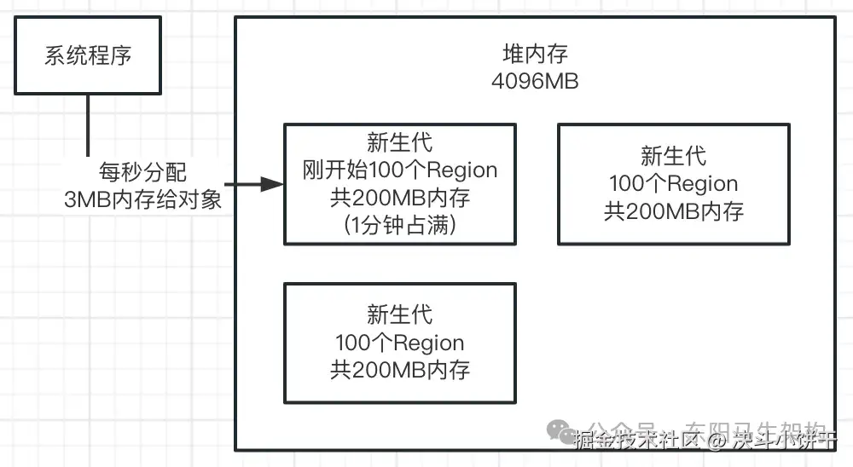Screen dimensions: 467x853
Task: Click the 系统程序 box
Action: pyautogui.click(x=88, y=56)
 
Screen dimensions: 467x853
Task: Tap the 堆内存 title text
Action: pyautogui.click(x=535, y=55)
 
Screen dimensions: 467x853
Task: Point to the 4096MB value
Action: pyautogui.click(x=535, y=82)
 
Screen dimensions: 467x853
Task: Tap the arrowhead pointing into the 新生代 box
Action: pyautogui.click(x=273, y=184)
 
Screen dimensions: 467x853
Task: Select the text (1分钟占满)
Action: pyautogui.click(x=399, y=226)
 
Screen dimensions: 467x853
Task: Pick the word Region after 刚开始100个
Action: pyautogui.click(x=461, y=170)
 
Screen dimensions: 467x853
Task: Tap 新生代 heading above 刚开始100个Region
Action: pyautogui.click(x=399, y=142)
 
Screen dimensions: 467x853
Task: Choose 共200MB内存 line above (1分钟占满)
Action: pyautogui.click(x=399, y=198)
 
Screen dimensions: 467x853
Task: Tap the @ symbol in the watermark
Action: pyautogui.click(x=717, y=441)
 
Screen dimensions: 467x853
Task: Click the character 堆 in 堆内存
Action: pyautogui.click(x=513, y=55)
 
